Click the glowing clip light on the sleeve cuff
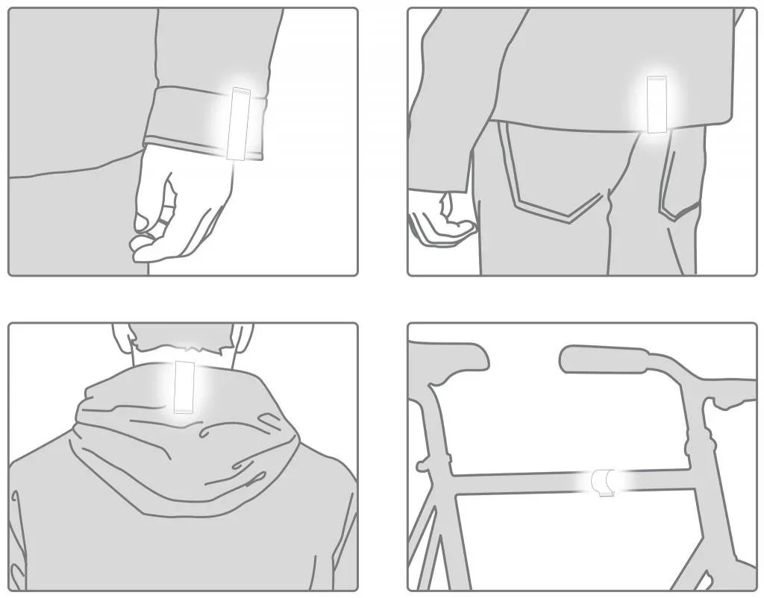240,123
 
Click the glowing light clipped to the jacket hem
657,104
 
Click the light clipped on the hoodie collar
184,386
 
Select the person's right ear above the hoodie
243,337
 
